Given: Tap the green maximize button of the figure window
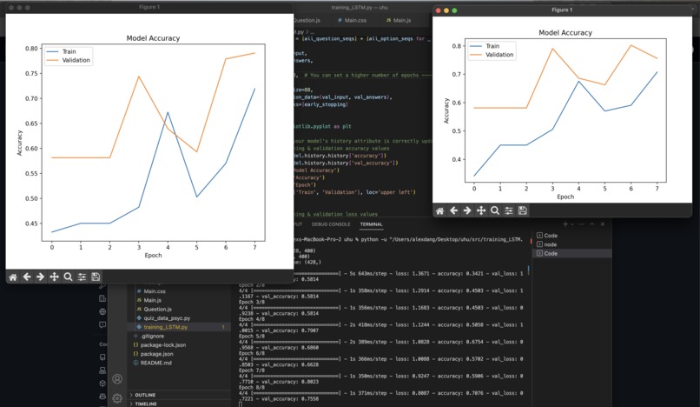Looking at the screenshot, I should point(452,10).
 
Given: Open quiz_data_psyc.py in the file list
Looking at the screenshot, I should point(168,317).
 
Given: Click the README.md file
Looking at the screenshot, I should point(156,363).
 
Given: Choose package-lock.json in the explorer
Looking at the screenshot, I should point(164,344).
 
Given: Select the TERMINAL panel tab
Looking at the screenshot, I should point(371,224).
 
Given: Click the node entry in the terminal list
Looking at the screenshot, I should point(551,244).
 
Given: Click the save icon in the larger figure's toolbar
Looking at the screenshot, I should point(96,277).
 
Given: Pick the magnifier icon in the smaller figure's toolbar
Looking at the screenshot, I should point(494,210).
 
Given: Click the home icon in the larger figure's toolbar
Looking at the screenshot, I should point(13,277).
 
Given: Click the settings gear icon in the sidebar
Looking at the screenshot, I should point(117,398).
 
